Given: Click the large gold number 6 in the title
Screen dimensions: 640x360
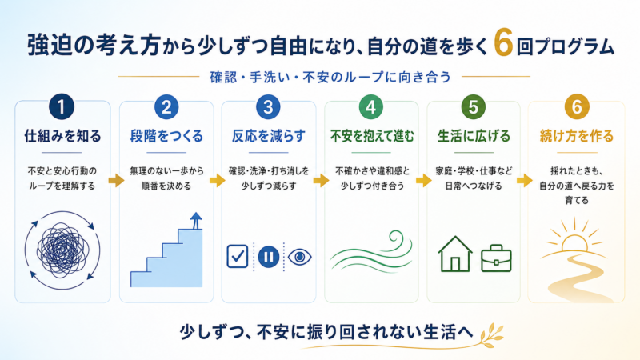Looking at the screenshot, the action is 503,42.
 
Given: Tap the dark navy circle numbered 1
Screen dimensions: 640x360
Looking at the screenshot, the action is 62,107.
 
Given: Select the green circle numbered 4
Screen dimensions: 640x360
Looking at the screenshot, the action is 370,107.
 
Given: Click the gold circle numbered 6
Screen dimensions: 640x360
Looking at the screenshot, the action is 576,107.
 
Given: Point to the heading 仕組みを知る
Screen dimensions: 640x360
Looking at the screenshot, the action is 62,136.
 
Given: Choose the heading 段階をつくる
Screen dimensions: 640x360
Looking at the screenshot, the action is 166,136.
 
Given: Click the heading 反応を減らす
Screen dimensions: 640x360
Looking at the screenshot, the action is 268,136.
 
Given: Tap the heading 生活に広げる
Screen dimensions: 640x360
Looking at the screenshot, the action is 474,136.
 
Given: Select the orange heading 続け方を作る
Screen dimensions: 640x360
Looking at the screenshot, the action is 576,136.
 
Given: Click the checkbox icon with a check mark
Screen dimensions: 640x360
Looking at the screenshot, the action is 237,256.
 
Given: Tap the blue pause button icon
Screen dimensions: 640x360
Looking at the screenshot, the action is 269,257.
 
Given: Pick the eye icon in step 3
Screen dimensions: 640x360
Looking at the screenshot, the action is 299,257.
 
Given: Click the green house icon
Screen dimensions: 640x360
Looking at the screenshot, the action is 455,254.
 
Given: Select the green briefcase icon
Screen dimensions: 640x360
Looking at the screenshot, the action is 496,258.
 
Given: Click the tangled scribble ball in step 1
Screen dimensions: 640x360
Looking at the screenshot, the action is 62,250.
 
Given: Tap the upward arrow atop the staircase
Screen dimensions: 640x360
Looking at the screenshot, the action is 196,221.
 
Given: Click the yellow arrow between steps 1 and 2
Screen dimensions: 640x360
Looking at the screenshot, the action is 116,180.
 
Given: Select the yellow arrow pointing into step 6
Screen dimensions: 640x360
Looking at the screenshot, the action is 525,180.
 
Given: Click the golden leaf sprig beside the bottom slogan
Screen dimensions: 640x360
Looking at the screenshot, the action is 491,334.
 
